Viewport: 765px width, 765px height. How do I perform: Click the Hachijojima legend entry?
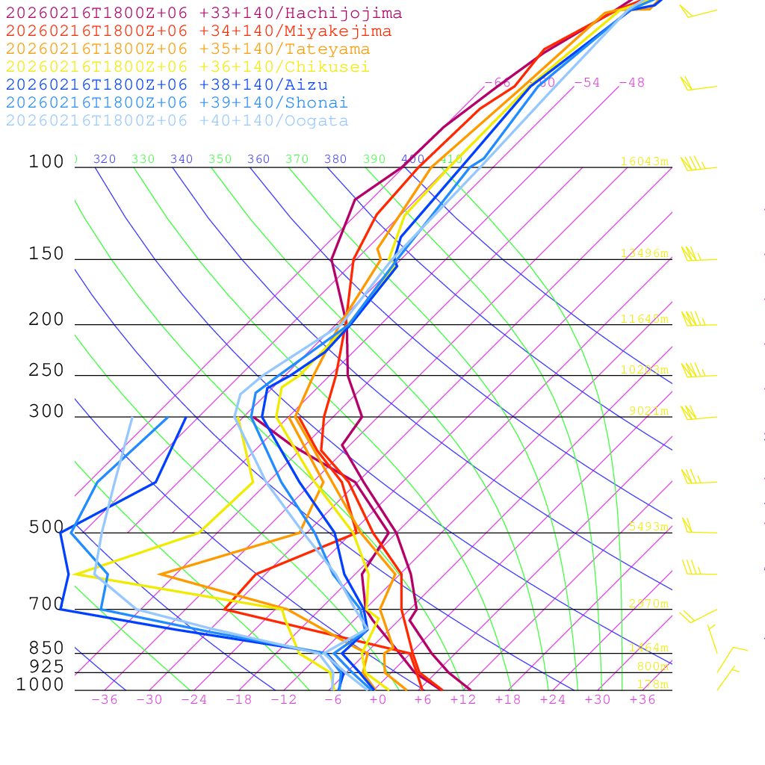point(204,13)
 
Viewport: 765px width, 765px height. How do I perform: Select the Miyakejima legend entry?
point(199,31)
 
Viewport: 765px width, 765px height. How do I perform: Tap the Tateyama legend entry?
point(188,49)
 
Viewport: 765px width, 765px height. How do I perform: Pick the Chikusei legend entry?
point(188,67)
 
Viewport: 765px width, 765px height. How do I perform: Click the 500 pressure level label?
point(46,527)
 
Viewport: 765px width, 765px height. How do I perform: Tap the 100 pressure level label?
point(46,162)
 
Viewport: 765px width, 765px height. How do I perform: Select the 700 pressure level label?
point(46,604)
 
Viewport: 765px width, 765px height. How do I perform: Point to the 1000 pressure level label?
point(40,685)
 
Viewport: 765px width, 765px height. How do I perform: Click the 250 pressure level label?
point(46,371)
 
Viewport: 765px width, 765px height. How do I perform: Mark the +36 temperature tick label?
point(642,699)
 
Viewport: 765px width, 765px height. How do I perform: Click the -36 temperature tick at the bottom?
point(105,699)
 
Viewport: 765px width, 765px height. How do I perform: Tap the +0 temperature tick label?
point(378,699)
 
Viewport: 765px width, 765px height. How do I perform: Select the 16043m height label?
point(644,161)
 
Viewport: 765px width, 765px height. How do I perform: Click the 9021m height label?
point(648,411)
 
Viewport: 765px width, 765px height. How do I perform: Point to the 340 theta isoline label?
point(182,159)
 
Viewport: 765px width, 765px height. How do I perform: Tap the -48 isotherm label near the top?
point(631,82)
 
